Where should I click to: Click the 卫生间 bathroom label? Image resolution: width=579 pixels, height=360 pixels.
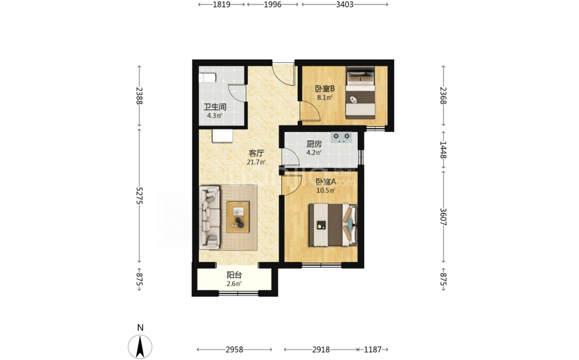[215, 107]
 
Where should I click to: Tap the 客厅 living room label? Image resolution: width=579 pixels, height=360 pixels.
[256, 153]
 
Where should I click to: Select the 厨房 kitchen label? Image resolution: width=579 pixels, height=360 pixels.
[314, 144]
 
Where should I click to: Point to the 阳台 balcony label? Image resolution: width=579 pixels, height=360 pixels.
[234, 275]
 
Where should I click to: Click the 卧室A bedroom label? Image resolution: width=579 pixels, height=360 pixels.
[326, 181]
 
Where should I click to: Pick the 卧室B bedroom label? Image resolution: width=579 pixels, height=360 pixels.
[324, 89]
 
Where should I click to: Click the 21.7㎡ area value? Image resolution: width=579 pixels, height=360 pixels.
[256, 162]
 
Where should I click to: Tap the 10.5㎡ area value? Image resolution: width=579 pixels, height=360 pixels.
[326, 191]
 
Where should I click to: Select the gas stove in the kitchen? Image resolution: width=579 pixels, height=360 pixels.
[341, 137]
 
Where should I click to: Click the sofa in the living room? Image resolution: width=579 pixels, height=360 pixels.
[210, 217]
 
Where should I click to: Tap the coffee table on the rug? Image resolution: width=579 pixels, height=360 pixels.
[238, 217]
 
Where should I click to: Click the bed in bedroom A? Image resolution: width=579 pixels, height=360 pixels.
[333, 225]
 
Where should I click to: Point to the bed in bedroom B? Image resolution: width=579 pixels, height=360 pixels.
[361, 93]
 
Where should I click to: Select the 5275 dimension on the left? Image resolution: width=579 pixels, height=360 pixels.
[139, 195]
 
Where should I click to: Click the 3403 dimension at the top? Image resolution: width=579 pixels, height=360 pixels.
[345, 5]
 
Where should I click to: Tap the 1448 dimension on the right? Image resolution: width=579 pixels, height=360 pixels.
[444, 150]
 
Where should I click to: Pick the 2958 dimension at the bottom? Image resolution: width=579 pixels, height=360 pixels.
[234, 349]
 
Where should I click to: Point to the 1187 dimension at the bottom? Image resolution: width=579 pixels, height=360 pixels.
[373, 349]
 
